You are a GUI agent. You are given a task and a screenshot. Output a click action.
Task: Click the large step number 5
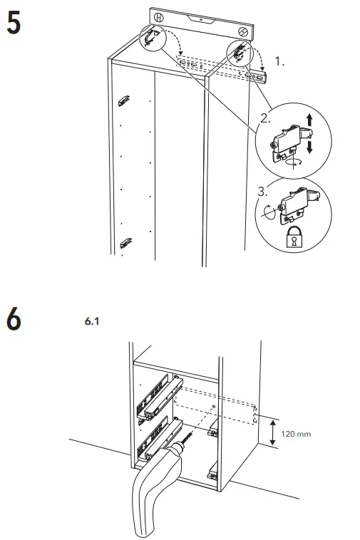click(x=14, y=23)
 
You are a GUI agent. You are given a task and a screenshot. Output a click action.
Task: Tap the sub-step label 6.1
click(x=91, y=322)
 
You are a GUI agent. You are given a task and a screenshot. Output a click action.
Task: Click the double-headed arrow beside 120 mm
click(x=272, y=432)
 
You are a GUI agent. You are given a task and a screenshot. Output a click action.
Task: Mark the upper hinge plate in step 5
click(x=124, y=100)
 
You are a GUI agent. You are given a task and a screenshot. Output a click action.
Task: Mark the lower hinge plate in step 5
click(x=125, y=242)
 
